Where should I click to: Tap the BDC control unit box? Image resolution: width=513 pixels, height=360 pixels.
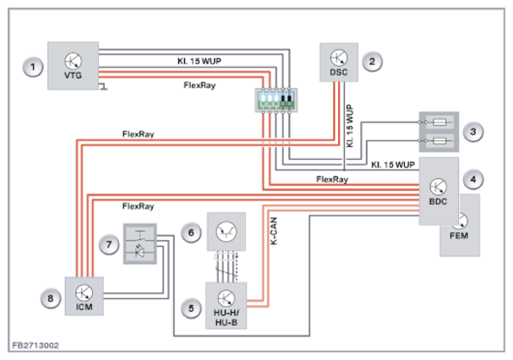pos(439,190)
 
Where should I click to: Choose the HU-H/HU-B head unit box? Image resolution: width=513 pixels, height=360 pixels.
pos(226,304)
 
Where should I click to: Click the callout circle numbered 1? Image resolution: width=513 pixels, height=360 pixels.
pos(33,66)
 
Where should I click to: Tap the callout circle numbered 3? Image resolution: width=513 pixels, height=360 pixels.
pos(476,131)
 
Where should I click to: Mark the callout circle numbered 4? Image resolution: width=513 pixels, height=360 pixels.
pos(476,179)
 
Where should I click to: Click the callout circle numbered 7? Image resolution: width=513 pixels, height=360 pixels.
pos(108,244)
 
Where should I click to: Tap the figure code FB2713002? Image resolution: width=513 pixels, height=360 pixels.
pos(35,346)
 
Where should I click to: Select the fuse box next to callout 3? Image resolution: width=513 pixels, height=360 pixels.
pos(439,130)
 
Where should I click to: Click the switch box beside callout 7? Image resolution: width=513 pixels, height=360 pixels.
pos(140,243)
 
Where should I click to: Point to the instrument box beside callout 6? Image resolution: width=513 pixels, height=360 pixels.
pos(226,232)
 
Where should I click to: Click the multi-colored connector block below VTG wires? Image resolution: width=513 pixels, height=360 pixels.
pos(276,101)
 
